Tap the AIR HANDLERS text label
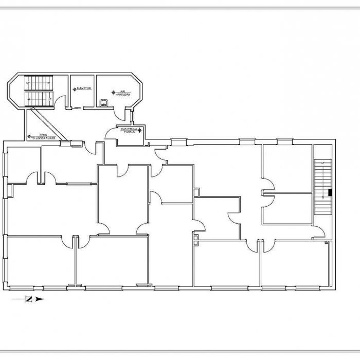[x=123, y=93]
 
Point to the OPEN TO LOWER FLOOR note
[x=43, y=137]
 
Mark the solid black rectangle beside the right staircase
[x=330, y=193]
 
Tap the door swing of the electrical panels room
[x=111, y=133]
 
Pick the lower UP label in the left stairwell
[x=49, y=99]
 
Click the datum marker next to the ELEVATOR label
[x=75, y=89]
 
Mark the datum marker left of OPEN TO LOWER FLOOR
[x=29, y=136]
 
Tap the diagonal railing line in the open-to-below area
[x=49, y=123]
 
